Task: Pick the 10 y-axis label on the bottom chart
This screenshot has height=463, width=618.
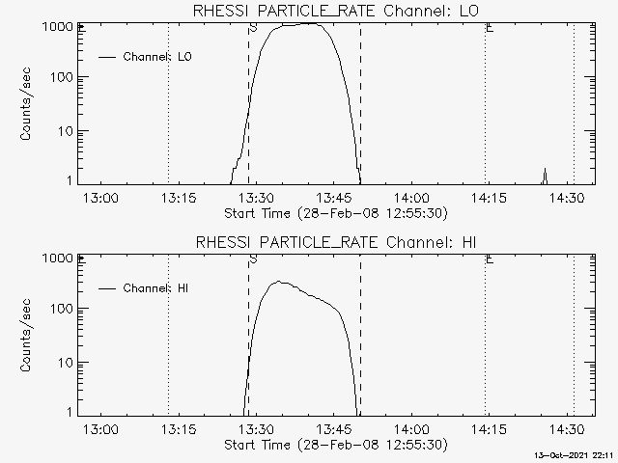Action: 67,363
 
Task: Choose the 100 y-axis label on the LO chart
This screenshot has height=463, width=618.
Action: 63,78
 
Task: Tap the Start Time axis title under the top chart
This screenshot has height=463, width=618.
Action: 334,213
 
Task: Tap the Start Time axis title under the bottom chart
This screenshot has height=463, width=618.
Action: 334,445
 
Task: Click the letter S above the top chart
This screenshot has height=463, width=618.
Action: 253,28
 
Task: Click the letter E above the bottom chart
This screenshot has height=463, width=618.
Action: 491,259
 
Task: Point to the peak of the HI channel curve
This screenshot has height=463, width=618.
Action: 279,282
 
